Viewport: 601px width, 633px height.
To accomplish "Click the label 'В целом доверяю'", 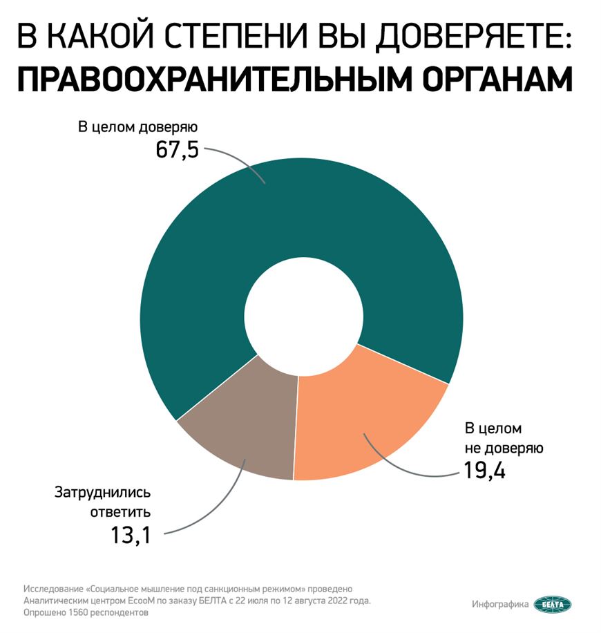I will (x=137, y=128).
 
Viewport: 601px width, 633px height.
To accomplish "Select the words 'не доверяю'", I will (x=503, y=448).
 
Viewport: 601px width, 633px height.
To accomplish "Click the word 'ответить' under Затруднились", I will (x=121, y=513).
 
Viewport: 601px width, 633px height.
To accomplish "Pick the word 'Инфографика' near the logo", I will (x=501, y=604).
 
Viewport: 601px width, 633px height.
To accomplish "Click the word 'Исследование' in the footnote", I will (x=50, y=589).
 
